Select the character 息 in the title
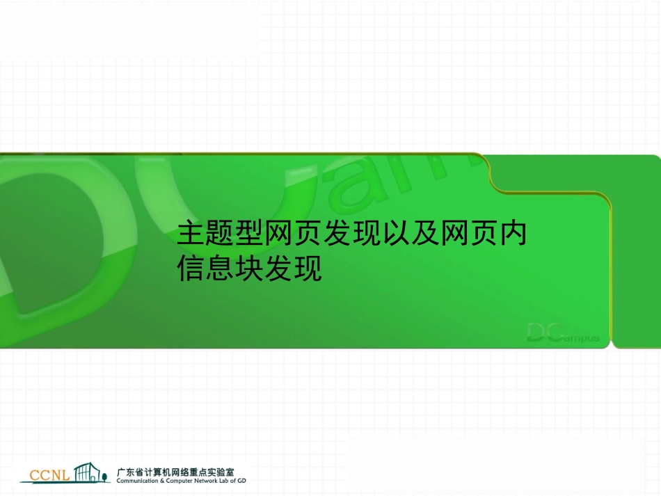[221, 269]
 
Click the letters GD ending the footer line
[241, 481]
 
